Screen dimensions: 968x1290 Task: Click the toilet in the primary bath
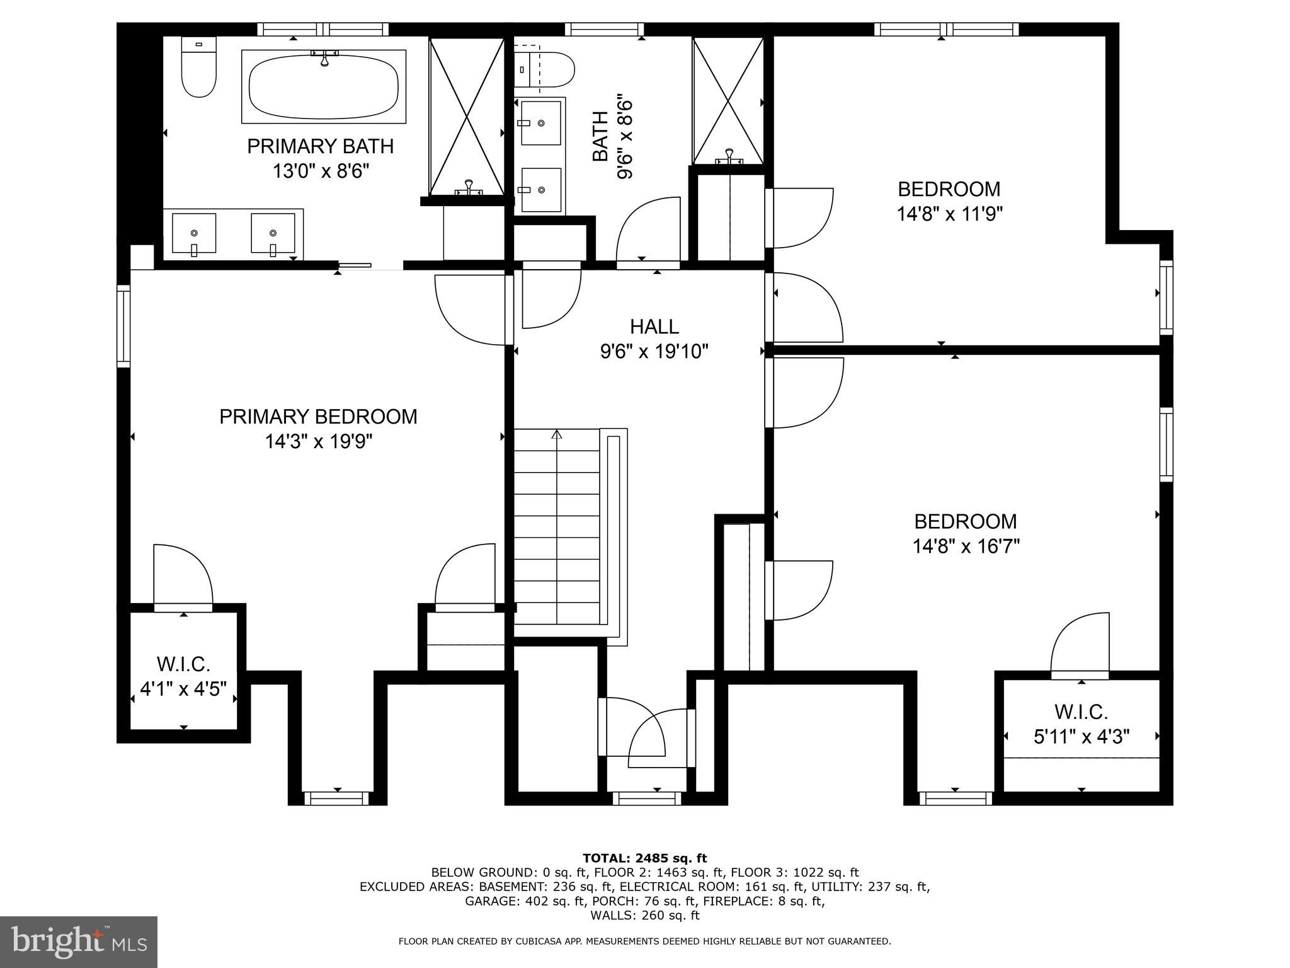pyautogui.click(x=198, y=67)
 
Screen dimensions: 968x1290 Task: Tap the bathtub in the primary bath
pyautogui.click(x=324, y=87)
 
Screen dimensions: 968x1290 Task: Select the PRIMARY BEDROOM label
pyautogui.click(x=318, y=417)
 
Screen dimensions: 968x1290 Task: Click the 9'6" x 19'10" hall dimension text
pyautogui.click(x=654, y=352)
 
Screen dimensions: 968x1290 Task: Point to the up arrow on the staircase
pyautogui.click(x=557, y=435)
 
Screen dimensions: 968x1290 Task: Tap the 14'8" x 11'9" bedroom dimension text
pyautogui.click(x=949, y=214)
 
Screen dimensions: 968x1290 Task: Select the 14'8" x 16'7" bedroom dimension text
pyautogui.click(x=966, y=546)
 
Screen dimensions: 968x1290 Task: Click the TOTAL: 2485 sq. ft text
pyautogui.click(x=644, y=858)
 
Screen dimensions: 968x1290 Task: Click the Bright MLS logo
pyautogui.click(x=79, y=942)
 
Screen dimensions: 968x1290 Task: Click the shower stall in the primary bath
pyautogui.click(x=467, y=117)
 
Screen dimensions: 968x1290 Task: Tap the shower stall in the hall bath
pyautogui.click(x=728, y=101)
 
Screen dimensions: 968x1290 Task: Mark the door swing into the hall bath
pyautogui.click(x=647, y=230)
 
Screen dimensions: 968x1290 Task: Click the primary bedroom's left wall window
pyautogui.click(x=123, y=326)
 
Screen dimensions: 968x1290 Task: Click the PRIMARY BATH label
pyautogui.click(x=320, y=146)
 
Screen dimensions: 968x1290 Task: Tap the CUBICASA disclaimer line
pyautogui.click(x=644, y=942)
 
